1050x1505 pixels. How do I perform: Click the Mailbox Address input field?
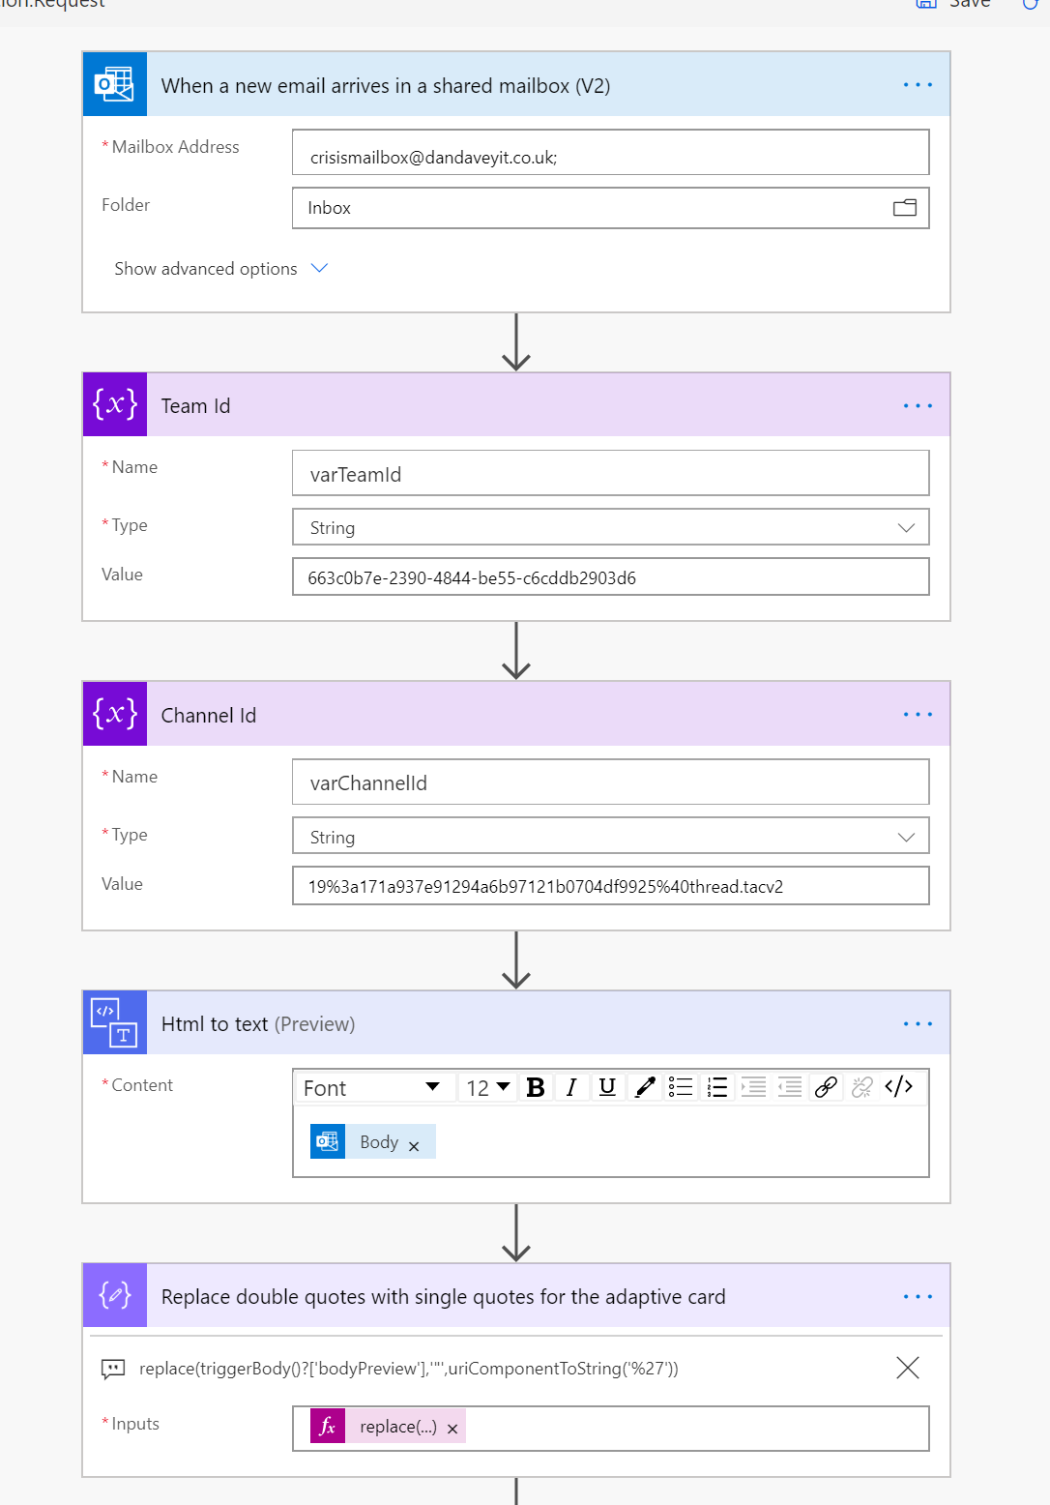click(x=609, y=153)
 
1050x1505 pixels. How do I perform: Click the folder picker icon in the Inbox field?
click(x=905, y=208)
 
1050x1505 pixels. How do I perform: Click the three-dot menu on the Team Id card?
click(x=918, y=406)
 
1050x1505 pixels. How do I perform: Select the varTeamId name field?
click(x=609, y=474)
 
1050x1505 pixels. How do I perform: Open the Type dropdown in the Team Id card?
click(x=609, y=528)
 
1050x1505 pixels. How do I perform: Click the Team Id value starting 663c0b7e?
click(x=609, y=577)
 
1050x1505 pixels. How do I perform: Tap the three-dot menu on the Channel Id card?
click(x=918, y=715)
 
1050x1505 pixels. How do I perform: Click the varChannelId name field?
click(x=609, y=782)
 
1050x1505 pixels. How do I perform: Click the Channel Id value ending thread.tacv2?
click(x=609, y=886)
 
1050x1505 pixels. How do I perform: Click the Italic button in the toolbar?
click(x=571, y=1088)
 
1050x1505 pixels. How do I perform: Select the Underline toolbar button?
click(x=607, y=1088)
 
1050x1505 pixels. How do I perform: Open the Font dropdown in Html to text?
click(x=371, y=1088)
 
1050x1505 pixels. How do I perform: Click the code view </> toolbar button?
click(x=898, y=1087)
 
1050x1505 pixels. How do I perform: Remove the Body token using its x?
click(x=414, y=1146)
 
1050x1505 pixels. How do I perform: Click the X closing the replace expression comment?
click(x=907, y=1368)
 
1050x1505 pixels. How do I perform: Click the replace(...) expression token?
click(x=397, y=1427)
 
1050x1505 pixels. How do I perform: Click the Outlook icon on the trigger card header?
click(x=115, y=85)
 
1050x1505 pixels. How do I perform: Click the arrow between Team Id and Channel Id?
click(x=516, y=651)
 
